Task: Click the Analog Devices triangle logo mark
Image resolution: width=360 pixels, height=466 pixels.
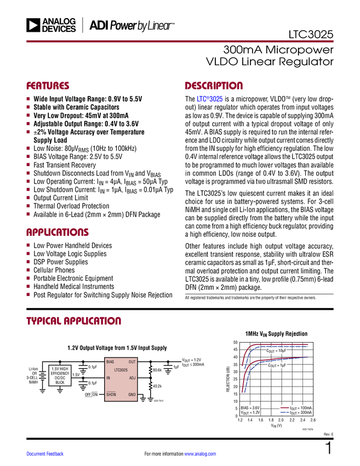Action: pos(34,25)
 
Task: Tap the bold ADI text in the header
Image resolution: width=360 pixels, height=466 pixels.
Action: pos(98,25)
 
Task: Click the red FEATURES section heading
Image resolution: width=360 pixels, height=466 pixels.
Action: pos(48,86)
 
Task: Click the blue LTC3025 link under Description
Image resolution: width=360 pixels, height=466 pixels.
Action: pos(209,99)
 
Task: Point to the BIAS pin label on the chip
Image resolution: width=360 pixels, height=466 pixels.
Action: pos(111,362)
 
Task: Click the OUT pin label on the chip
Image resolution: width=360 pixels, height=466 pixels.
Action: pos(132,362)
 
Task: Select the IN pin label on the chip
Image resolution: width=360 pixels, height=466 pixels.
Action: pos(108,378)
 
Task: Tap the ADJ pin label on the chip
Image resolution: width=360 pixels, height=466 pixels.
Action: pos(132,378)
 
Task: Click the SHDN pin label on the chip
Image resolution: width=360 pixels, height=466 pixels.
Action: pos(111,395)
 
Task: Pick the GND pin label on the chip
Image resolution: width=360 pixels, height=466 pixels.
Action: pos(132,395)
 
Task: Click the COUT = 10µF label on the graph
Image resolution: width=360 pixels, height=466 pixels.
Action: pos(276,350)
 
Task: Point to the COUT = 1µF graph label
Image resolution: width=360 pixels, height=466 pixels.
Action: pos(277,365)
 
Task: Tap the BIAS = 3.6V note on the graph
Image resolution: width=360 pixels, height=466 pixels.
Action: pos(249,408)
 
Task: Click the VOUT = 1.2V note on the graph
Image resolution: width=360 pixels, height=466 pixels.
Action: pos(249,413)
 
